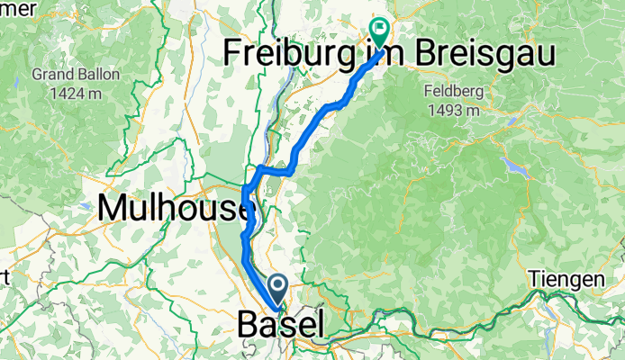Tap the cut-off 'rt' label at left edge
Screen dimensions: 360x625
[5, 278]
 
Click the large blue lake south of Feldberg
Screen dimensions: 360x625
[516, 166]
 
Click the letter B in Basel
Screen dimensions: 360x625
[249, 325]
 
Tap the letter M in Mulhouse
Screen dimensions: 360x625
[112, 208]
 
